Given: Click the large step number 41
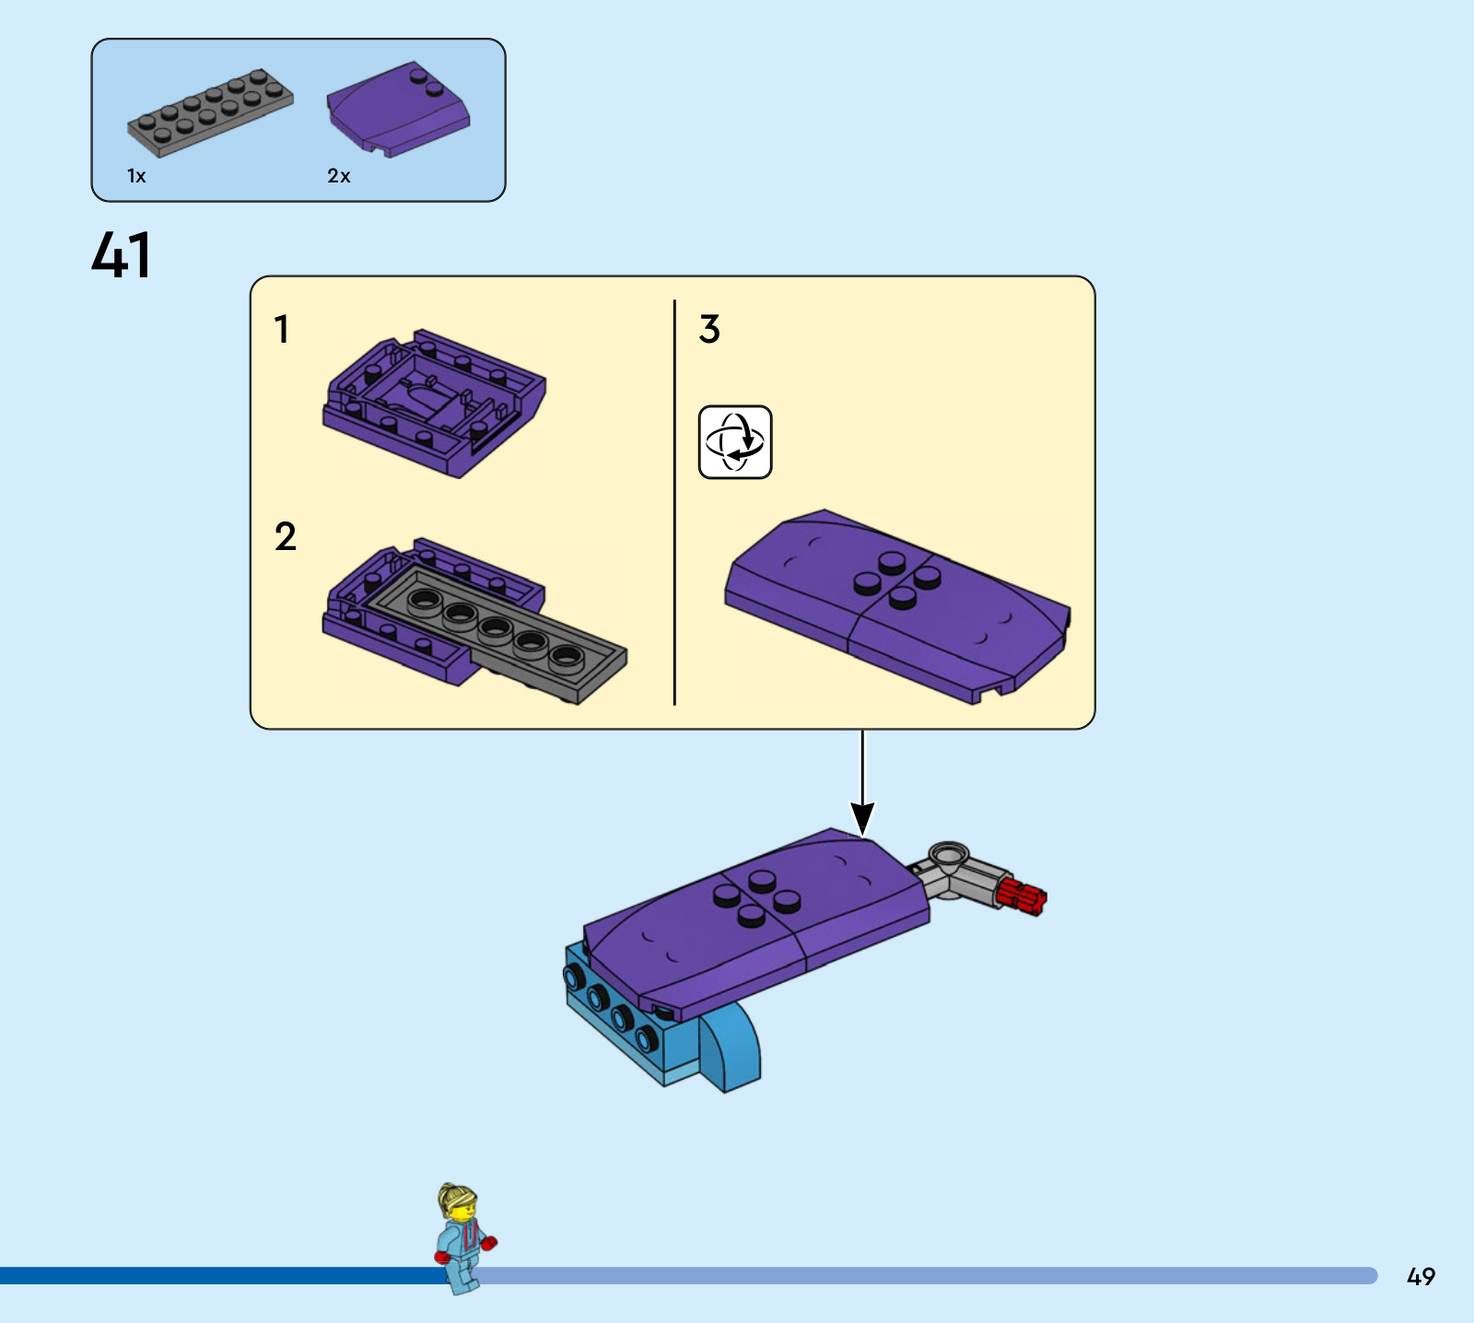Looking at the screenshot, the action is tap(121, 254).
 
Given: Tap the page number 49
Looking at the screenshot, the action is tap(1421, 1276).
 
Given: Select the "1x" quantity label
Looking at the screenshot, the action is tap(136, 176).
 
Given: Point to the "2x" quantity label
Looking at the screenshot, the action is tap(338, 176).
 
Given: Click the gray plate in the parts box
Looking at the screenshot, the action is tap(210, 111).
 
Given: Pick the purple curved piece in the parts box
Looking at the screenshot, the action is tap(398, 110).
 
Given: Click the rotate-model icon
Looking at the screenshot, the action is tap(735, 442).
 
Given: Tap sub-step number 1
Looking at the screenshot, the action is tap(282, 329).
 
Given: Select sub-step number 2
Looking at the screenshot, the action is tap(285, 536).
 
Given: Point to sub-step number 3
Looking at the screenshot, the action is tap(709, 329).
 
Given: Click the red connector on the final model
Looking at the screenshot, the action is tap(1022, 896).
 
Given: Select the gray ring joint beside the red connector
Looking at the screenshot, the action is tap(949, 856).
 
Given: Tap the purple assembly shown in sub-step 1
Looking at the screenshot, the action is tap(434, 404).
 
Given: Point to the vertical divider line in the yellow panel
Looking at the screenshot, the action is tap(674, 502).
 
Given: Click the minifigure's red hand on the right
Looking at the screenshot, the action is tap(488, 1243).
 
